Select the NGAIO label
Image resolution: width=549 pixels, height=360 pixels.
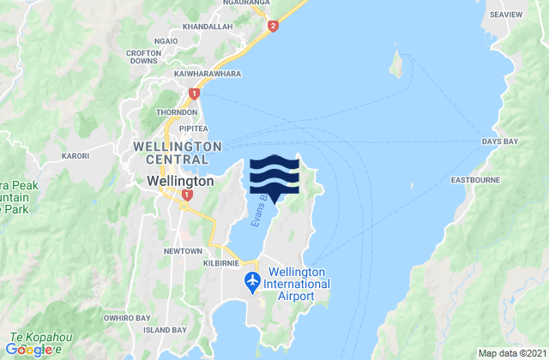166,39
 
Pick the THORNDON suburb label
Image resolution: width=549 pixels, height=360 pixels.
176,112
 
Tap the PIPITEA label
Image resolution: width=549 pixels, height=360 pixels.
195,128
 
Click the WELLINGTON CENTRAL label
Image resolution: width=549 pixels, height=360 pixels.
178,153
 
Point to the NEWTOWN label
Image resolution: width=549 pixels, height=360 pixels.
182,251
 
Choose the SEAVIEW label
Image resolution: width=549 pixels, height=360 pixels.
522,15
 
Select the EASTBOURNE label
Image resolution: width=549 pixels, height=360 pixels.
473,181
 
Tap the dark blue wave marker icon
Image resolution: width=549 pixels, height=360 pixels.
274,176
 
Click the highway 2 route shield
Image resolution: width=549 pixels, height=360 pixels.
273,27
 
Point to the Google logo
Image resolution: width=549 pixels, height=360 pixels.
33,349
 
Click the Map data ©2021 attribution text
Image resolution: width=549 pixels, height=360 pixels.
510,352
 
